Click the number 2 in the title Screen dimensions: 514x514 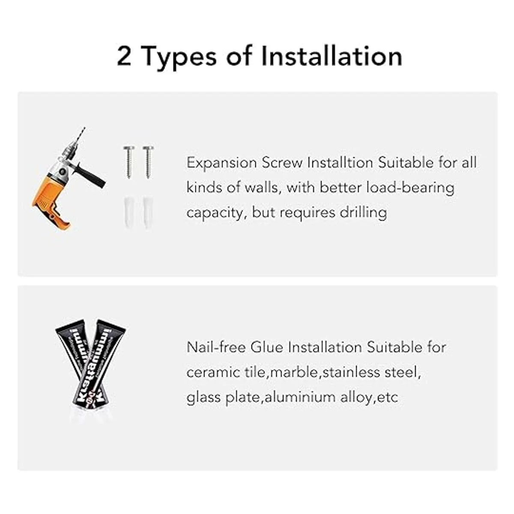tap(124, 56)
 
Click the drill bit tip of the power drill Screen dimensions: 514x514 tap(84, 128)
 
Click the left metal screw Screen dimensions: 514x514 tap(129, 161)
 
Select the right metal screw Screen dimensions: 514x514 tap(148, 161)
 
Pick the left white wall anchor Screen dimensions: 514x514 tap(128, 212)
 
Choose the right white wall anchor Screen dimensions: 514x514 tap(147, 212)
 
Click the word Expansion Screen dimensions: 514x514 tap(221, 163)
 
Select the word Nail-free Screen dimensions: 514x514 tap(216, 347)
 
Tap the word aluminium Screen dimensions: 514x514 tap(300, 397)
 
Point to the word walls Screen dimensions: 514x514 tap(261, 188)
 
